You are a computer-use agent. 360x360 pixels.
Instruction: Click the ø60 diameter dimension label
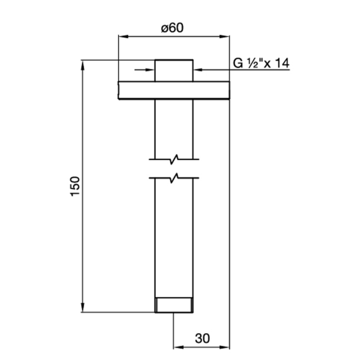tap(172, 28)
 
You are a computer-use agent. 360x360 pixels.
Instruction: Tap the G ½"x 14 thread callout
tap(261, 63)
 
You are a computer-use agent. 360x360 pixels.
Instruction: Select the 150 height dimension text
tap(75, 186)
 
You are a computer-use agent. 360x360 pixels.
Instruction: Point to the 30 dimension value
tap(202, 338)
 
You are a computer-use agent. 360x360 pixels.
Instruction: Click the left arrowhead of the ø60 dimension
tap(123, 36)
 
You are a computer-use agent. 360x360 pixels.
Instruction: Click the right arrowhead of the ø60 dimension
tap(225, 36)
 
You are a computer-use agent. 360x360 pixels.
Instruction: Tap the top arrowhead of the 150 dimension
tap(83, 65)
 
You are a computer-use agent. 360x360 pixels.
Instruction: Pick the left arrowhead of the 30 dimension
tap(178, 347)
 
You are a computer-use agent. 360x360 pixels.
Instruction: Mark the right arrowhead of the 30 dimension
tap(225, 347)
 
